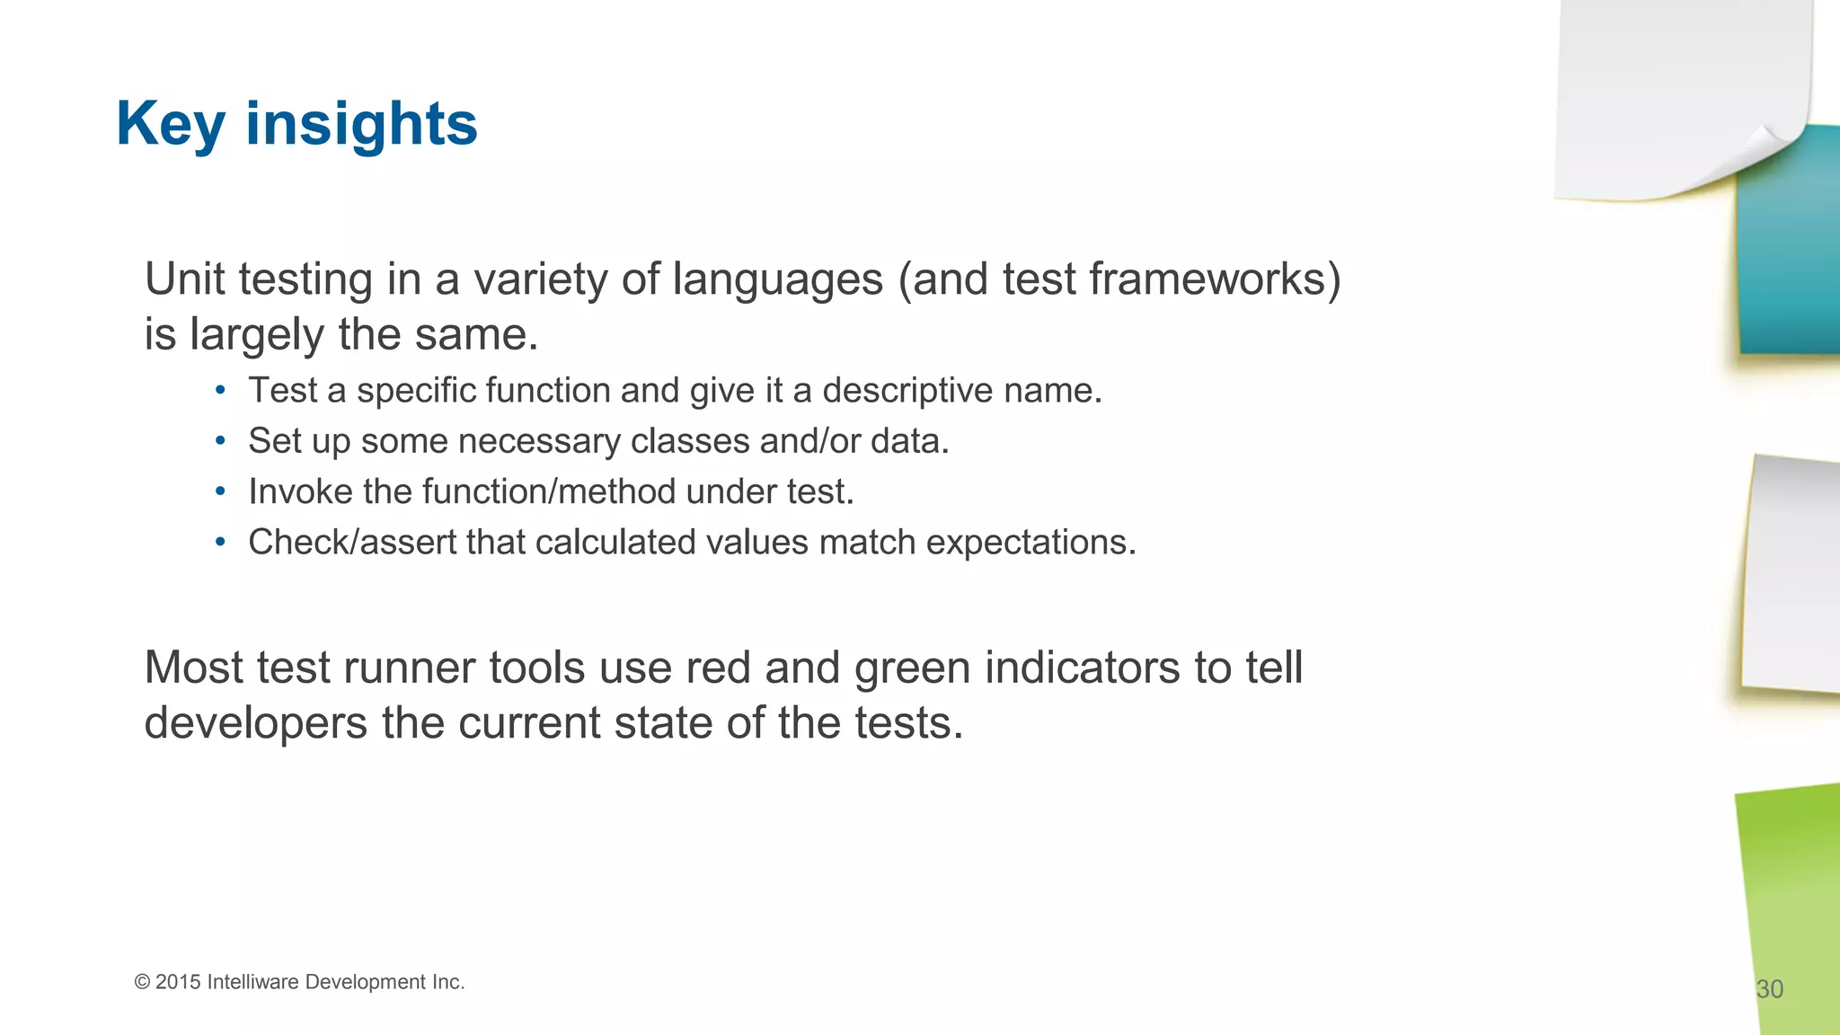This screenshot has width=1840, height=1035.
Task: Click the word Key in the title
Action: click(x=170, y=124)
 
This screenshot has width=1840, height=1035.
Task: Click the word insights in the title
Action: click(x=361, y=124)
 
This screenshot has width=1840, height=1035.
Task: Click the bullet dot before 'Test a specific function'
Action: click(x=220, y=391)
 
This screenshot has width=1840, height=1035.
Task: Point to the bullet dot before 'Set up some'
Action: click(x=220, y=441)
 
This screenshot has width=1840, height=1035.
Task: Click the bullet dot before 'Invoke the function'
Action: click(x=220, y=491)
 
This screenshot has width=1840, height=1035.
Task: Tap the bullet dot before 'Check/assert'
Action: click(x=220, y=543)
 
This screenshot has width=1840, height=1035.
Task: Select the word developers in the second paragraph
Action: click(x=255, y=723)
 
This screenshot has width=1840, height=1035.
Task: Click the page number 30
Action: click(x=1769, y=989)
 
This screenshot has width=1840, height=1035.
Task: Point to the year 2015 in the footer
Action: click(x=178, y=982)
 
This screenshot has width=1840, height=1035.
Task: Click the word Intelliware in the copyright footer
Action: click(x=252, y=982)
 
